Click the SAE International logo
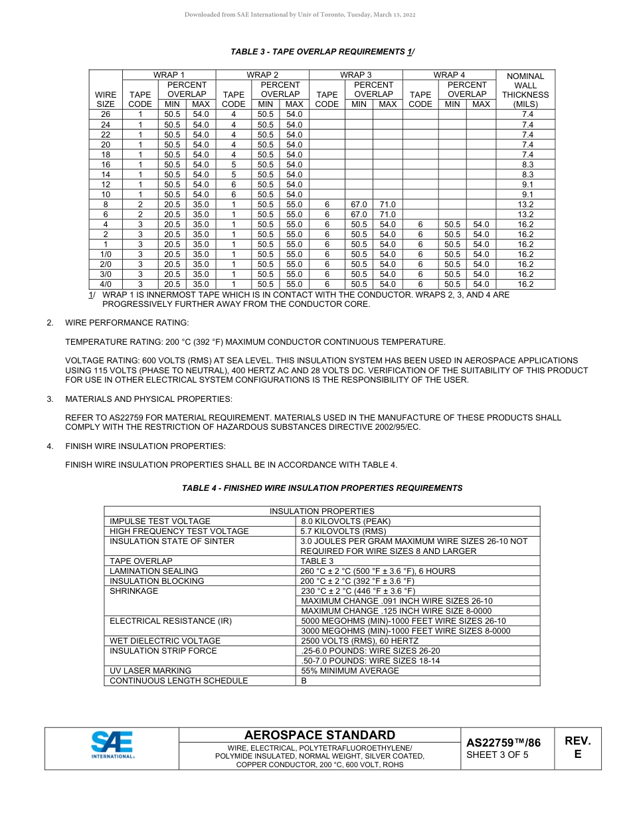112,745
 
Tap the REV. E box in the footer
577,747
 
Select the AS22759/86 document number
503,743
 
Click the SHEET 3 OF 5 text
497,755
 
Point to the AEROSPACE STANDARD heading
319,735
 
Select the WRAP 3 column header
355,75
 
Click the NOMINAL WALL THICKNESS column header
525,90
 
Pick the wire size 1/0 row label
106,254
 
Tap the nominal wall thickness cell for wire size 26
525,114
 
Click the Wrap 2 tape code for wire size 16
233,164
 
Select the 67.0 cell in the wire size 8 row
359,205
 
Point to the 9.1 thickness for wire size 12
525,185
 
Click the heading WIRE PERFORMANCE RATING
127,323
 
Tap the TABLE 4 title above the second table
322,488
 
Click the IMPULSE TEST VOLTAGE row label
160,521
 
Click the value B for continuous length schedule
304,681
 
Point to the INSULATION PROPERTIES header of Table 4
321,511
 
